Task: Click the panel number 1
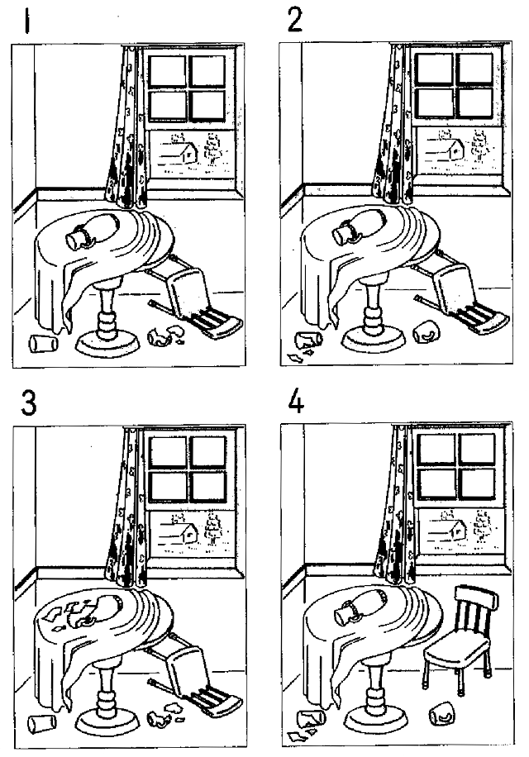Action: (30, 18)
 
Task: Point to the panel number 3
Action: (31, 402)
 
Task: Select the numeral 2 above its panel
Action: (294, 18)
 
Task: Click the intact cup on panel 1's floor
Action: (39, 342)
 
